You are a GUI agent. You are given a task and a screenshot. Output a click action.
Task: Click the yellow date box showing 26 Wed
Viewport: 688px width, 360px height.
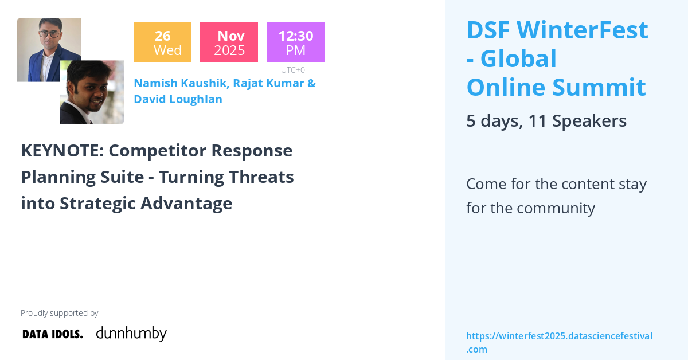[162, 42]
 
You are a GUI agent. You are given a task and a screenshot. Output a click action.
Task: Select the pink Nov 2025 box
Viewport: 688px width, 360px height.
[229, 42]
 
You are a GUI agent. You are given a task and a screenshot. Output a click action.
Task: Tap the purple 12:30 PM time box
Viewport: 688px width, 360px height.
[295, 42]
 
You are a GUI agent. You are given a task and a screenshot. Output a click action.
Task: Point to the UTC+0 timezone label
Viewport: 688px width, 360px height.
[292, 70]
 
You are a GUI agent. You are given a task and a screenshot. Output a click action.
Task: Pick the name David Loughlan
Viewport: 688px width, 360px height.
[178, 99]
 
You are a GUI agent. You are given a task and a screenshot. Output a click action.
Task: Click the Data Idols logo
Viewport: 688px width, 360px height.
[53, 334]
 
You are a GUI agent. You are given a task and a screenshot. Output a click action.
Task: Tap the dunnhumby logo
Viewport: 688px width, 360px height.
[131, 334]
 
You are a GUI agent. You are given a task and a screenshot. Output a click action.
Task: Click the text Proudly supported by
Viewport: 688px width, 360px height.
[59, 313]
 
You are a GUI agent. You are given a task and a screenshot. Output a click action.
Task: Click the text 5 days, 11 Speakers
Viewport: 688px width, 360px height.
[546, 121]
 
